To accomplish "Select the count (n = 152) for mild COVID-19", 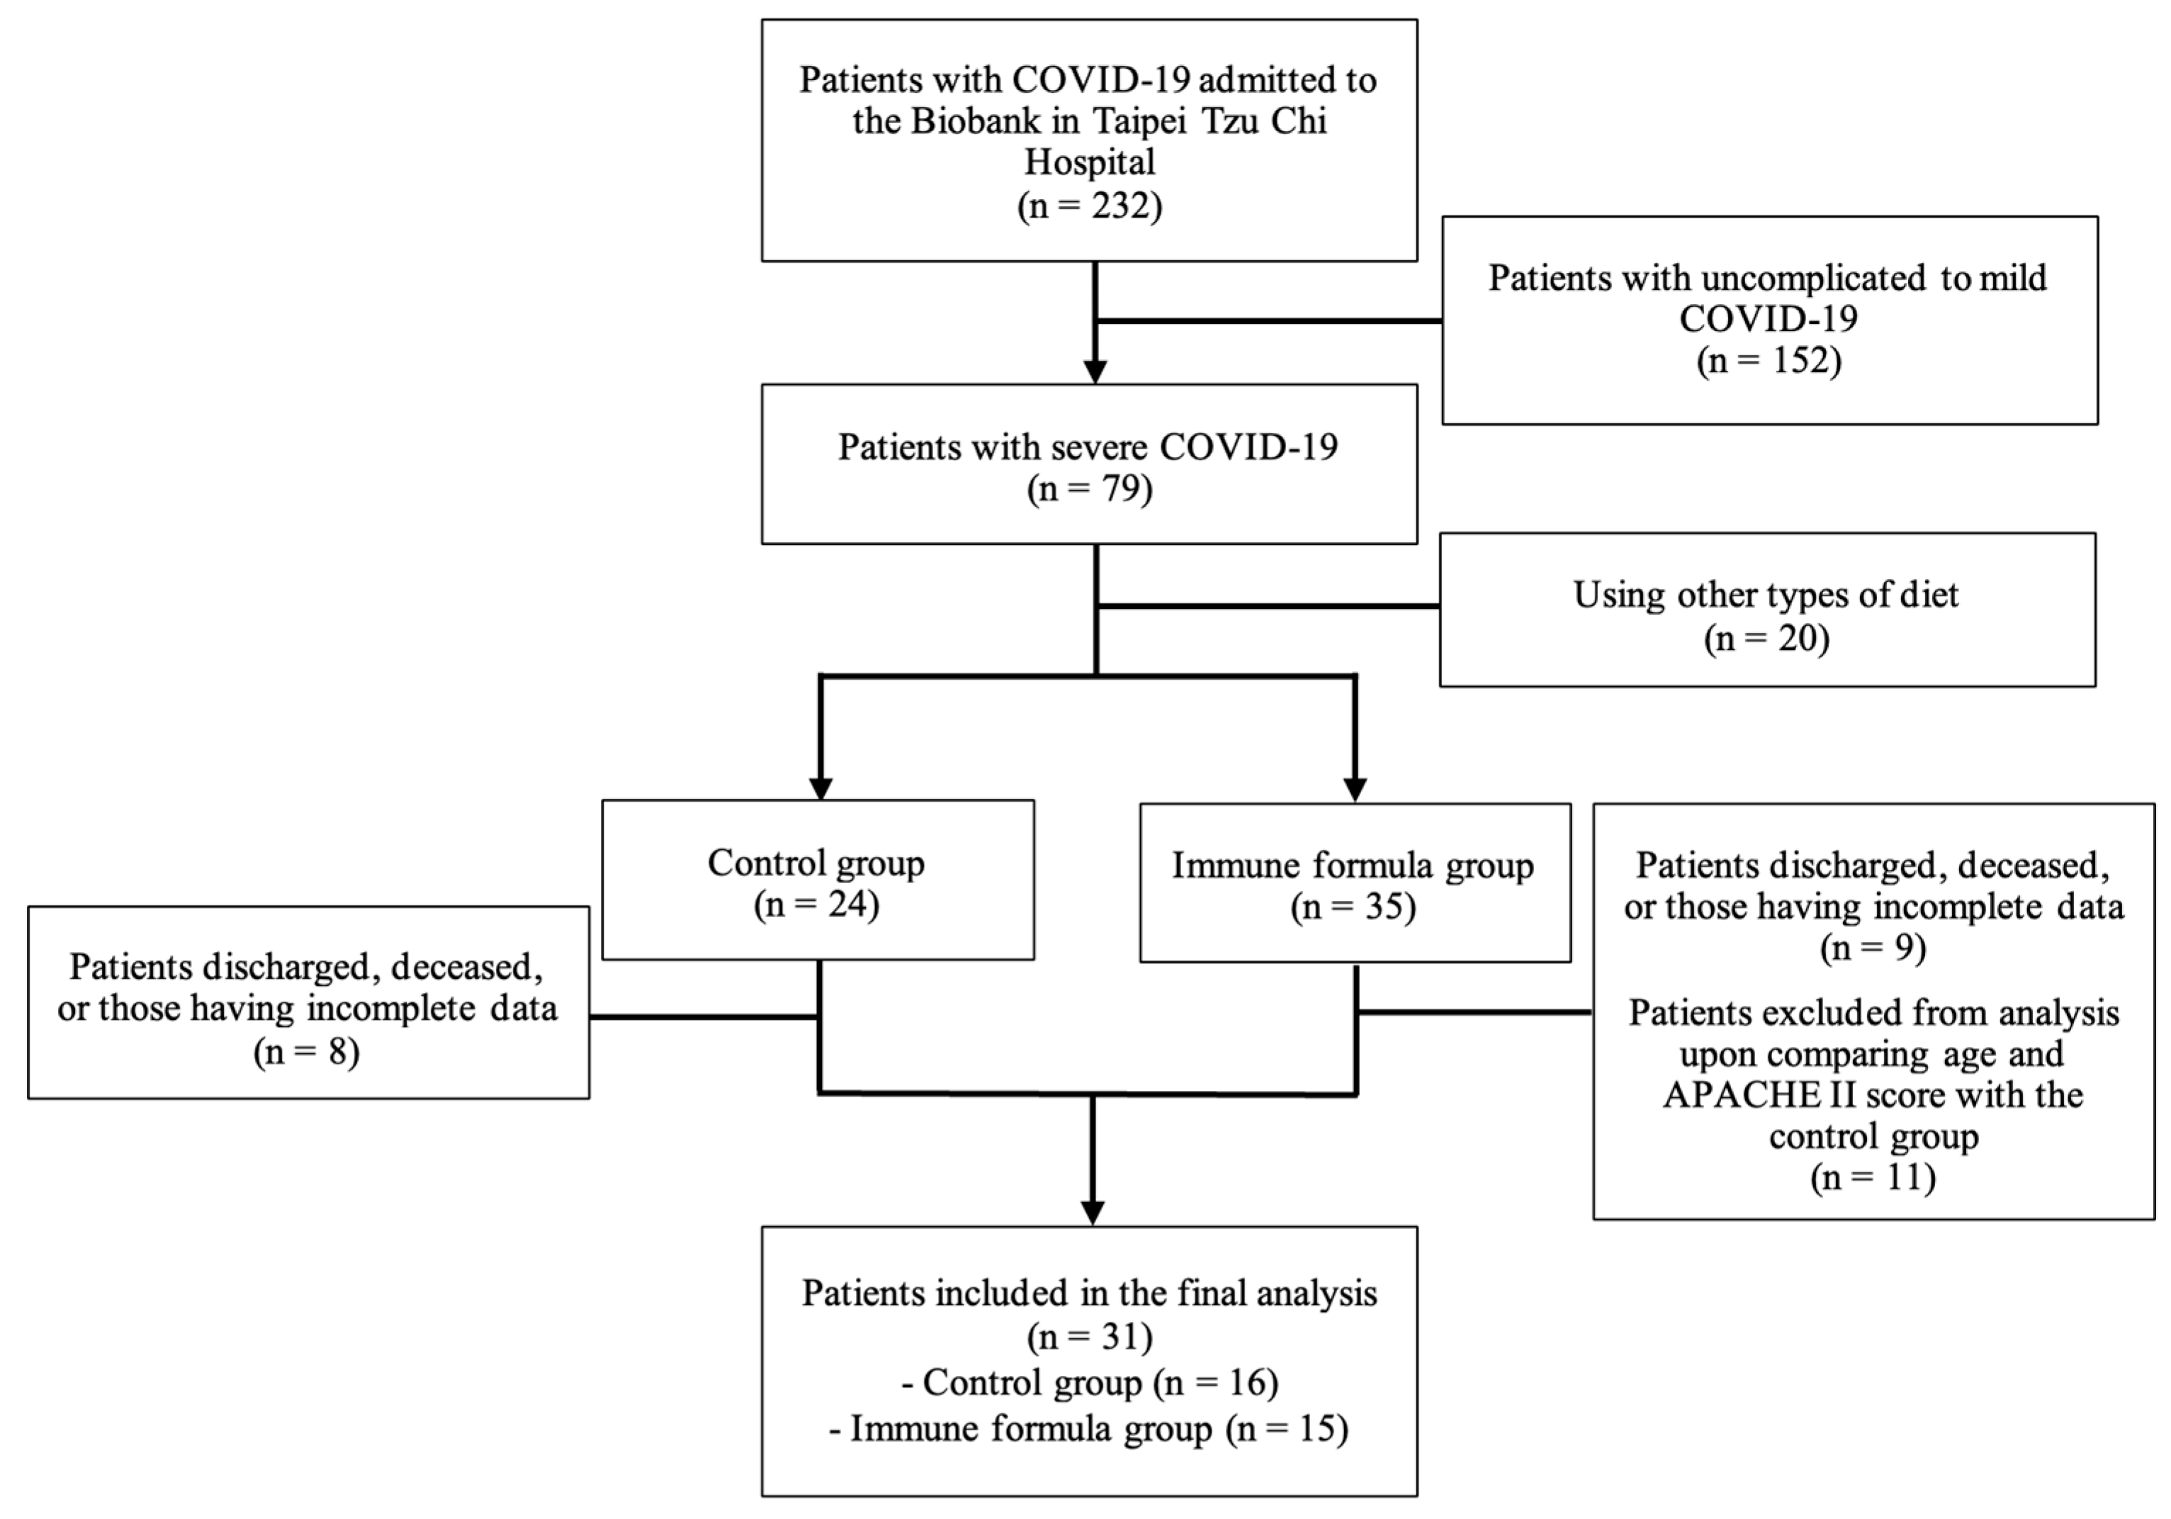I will click(1769, 360).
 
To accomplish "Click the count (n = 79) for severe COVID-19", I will click(1089, 489).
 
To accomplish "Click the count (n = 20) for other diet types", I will click(1766, 639).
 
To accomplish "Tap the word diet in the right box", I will click(1928, 595).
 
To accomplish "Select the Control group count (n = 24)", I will click(816, 905).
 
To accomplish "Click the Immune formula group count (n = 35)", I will click(1353, 908).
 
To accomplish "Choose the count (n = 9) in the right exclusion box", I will click(1872, 948).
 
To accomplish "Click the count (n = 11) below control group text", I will click(1872, 1177).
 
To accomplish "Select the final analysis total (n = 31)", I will click(1089, 1336).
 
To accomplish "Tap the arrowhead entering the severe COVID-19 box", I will click(1095, 371).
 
